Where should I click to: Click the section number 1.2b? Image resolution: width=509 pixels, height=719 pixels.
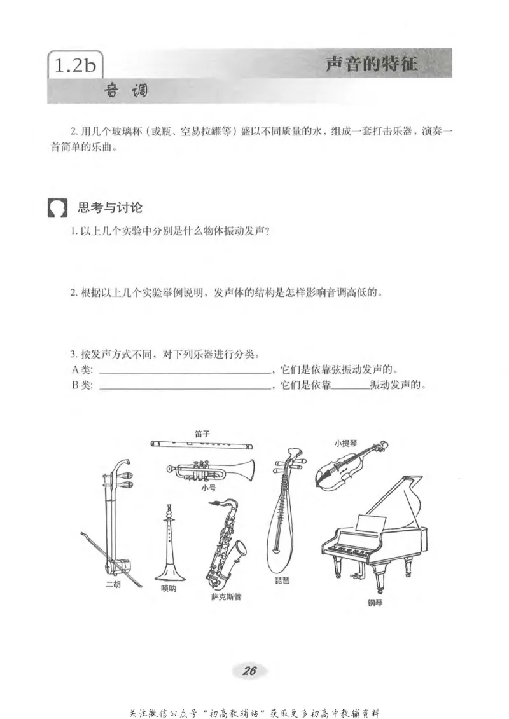click(75, 66)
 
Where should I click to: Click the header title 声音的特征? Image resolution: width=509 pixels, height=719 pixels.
click(372, 65)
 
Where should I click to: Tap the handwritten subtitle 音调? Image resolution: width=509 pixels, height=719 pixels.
click(126, 92)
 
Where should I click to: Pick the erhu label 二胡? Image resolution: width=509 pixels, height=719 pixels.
click(112, 584)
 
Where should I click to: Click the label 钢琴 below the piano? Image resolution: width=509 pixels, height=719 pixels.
click(376, 603)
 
